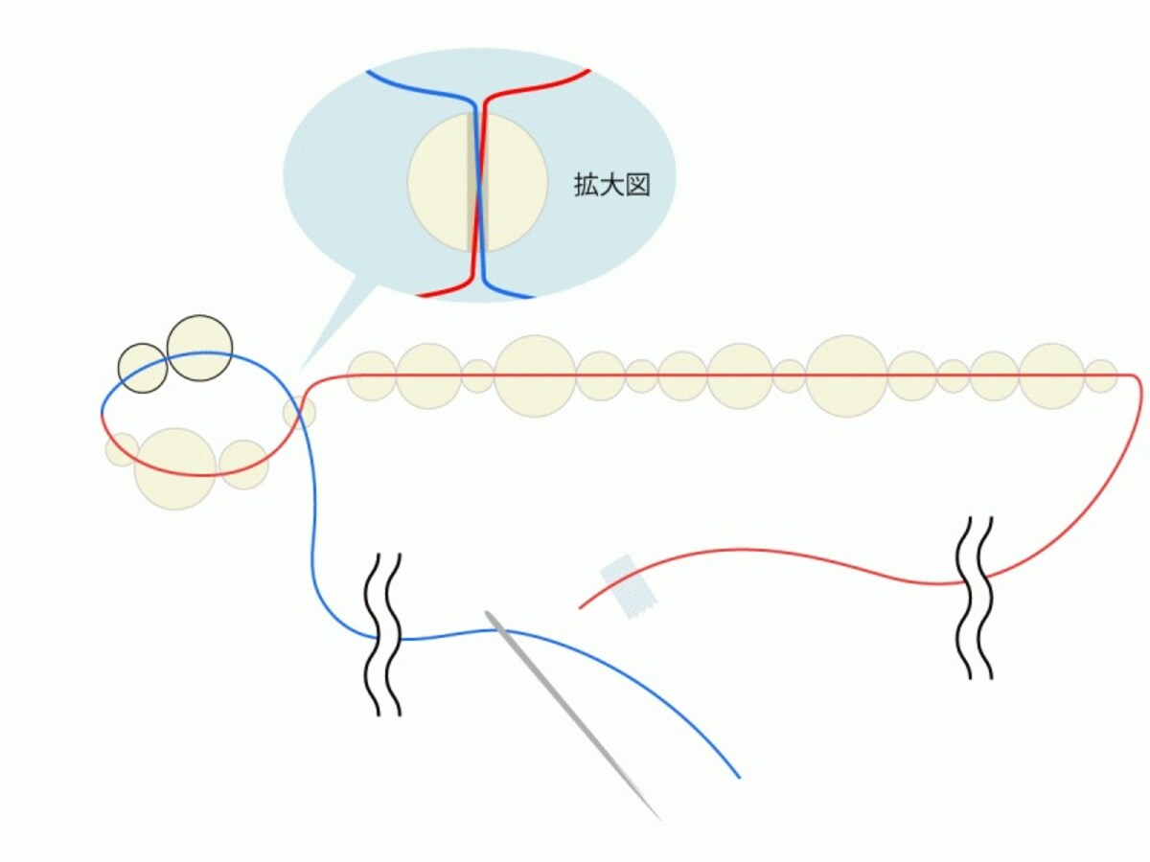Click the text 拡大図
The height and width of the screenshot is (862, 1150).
pos(612,185)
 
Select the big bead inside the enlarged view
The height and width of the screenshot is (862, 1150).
pos(478,183)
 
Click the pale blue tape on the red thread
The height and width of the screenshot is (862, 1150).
pos(628,587)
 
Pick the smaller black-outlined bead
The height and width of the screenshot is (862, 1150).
pos(143,368)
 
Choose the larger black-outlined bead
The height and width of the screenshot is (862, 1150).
pos(199,348)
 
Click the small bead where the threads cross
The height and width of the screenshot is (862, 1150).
pos(300,413)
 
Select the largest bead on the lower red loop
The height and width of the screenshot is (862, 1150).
pos(175,469)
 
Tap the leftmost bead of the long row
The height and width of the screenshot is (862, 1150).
pos(372,376)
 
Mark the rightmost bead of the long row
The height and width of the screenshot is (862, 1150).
pos(1100,376)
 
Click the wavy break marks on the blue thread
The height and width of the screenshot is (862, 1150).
pos(389,634)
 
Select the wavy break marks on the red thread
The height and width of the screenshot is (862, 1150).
pos(974,599)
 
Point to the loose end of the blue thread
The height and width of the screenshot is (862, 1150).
pos(739,778)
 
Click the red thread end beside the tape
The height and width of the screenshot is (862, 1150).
pos(580,607)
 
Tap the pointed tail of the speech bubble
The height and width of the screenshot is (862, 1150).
pos(300,371)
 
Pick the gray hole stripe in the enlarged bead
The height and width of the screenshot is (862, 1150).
pos(478,183)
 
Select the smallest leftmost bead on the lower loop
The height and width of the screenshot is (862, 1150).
pos(122,449)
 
